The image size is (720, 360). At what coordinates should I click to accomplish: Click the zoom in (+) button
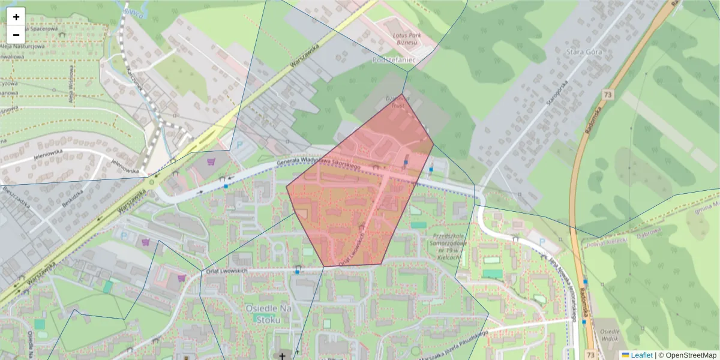[16, 17]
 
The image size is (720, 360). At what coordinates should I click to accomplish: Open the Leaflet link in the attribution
[641, 355]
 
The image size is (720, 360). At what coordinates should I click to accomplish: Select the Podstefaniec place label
[394, 61]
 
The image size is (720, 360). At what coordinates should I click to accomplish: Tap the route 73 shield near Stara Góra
[608, 95]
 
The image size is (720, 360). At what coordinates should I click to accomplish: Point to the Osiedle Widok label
[610, 336]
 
